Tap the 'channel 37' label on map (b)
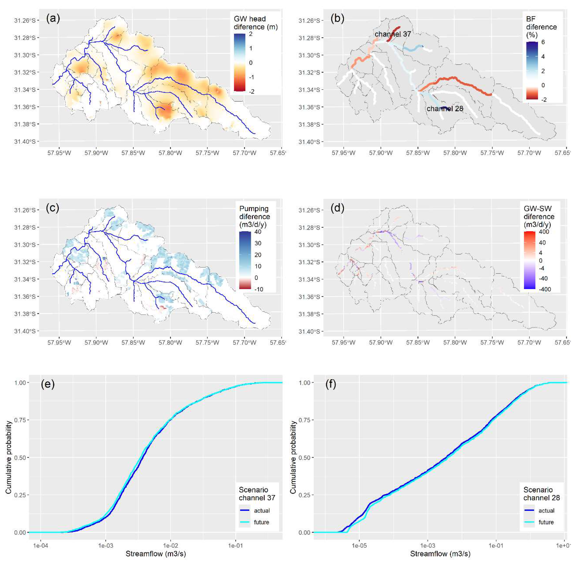(x=393, y=34)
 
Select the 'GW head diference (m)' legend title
(x=255, y=23)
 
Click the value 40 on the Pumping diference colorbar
(x=258, y=232)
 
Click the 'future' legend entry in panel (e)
(x=261, y=522)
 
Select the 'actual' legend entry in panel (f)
(x=546, y=510)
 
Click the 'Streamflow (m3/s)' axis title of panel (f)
(x=440, y=554)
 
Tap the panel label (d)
(x=337, y=208)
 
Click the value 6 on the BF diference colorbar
(x=543, y=42)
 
